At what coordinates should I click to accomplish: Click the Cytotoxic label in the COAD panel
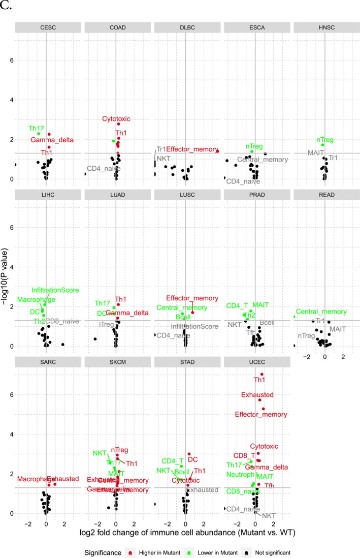click(x=116, y=119)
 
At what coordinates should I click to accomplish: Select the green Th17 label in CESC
click(x=37, y=129)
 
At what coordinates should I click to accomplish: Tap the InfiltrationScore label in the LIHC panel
click(x=55, y=290)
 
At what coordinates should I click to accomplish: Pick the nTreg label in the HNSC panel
click(x=325, y=140)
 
